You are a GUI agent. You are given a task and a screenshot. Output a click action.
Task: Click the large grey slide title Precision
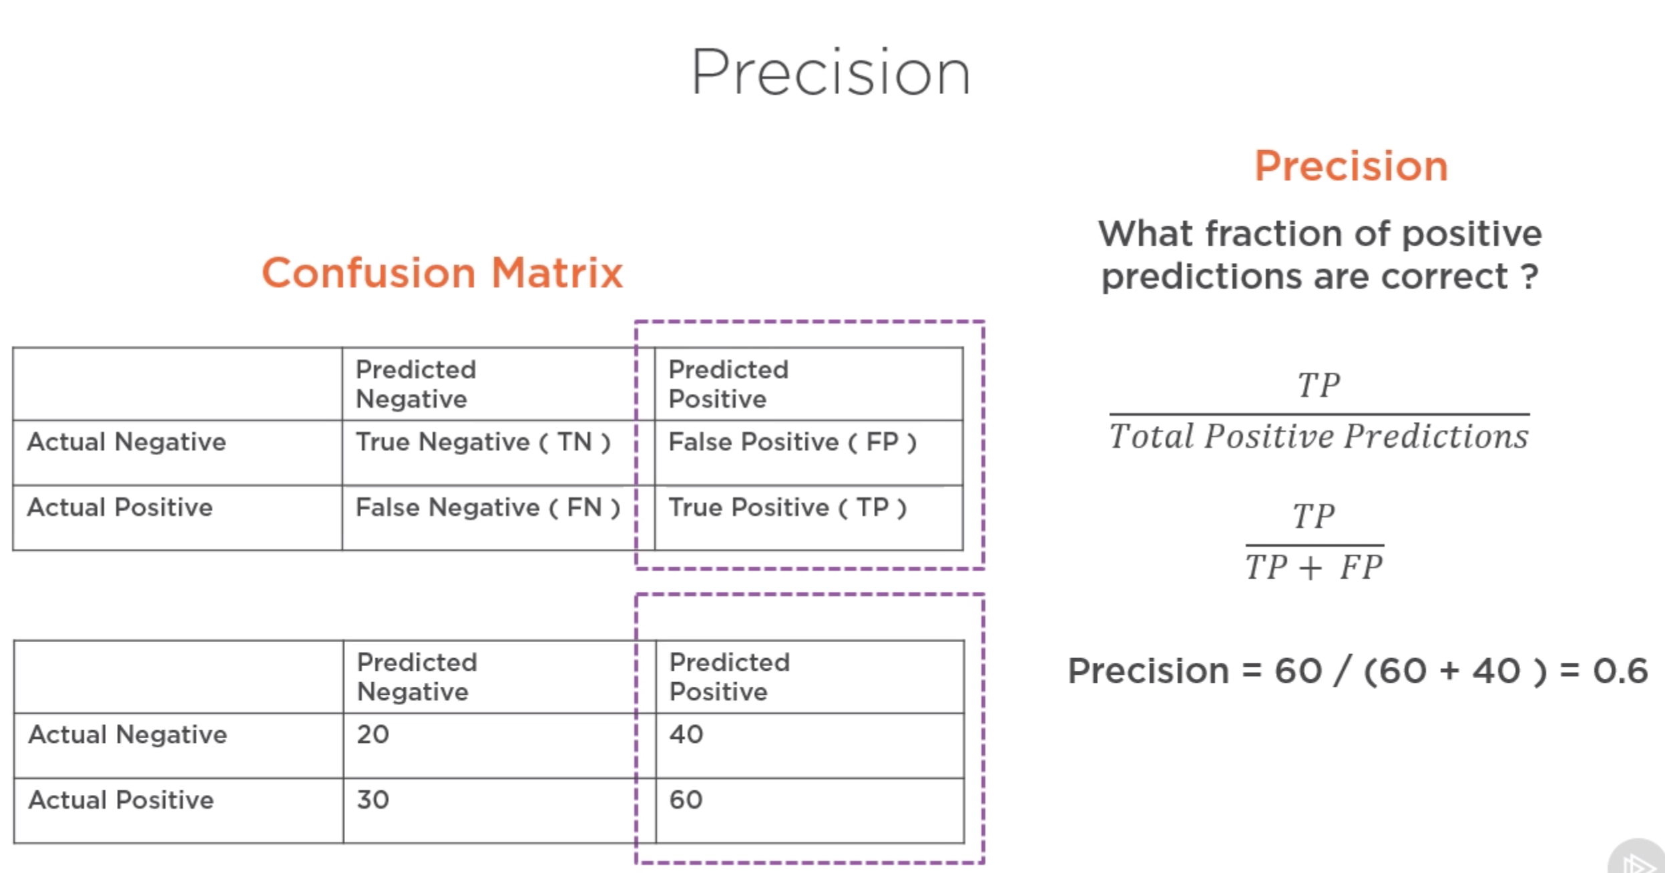830,73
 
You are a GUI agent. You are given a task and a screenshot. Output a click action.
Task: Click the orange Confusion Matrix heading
442,274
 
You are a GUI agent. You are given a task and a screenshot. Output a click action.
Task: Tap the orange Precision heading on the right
1351,166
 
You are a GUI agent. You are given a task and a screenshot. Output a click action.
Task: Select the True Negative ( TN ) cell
483,443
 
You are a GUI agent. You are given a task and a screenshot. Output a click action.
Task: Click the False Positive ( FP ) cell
792,443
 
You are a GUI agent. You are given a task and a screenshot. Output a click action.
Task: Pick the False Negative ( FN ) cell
487,508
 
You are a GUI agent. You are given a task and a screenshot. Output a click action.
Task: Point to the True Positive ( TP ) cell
787,508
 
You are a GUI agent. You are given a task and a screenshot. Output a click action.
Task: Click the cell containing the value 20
373,735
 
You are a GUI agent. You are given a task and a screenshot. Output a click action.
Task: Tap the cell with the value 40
686,735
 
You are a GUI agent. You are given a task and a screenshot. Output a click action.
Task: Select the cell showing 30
373,800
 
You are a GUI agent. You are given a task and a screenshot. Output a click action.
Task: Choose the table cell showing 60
686,800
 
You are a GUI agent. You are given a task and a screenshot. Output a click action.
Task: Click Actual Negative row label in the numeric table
128,735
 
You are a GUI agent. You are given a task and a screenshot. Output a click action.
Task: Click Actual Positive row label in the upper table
120,508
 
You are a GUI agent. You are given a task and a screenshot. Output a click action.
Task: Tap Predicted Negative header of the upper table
415,384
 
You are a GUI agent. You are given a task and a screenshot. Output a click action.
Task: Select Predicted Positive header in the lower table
729,677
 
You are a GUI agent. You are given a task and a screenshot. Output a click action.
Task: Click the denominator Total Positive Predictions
1319,437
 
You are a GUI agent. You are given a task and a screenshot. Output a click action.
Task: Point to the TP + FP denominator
1314,568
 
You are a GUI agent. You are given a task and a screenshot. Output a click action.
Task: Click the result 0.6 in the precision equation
1620,671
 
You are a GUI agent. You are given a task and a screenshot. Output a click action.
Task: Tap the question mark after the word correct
1530,276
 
